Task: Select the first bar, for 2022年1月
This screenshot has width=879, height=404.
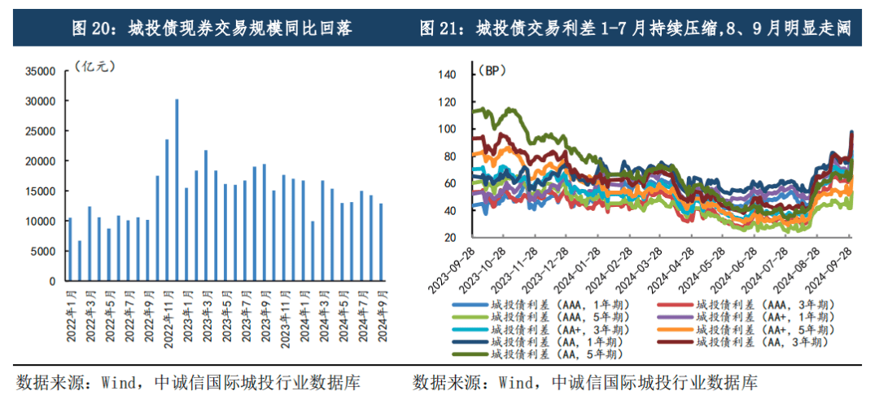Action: (x=70, y=249)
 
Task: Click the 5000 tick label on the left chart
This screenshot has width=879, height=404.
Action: (x=44, y=251)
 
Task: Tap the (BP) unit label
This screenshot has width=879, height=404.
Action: (x=491, y=71)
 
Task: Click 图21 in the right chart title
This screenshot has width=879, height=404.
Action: (x=439, y=29)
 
